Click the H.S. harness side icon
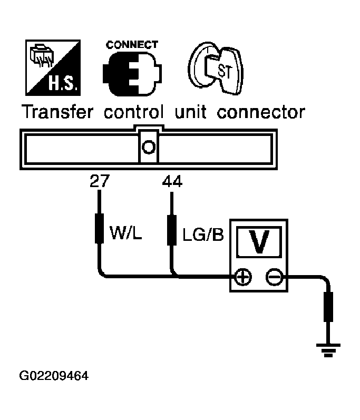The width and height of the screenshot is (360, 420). (x=53, y=67)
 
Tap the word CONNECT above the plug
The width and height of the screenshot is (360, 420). (x=132, y=45)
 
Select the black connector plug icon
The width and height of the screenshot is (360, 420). (x=132, y=74)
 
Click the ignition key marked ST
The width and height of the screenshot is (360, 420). (x=216, y=68)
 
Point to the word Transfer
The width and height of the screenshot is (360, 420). (x=57, y=112)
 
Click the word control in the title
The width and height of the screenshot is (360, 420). (x=133, y=112)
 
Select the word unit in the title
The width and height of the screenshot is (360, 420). (x=190, y=112)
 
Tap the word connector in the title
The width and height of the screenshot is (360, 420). (x=261, y=112)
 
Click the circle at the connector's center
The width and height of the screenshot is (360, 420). (x=149, y=147)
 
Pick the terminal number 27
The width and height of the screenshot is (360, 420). (x=100, y=181)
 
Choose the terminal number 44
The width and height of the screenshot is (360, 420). (x=172, y=181)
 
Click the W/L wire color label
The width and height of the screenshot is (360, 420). (x=125, y=233)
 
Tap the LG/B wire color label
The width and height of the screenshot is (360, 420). (x=203, y=235)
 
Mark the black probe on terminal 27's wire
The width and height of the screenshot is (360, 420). (x=100, y=228)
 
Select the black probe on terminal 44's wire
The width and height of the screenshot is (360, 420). (x=172, y=230)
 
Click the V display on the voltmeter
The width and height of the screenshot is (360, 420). (x=258, y=242)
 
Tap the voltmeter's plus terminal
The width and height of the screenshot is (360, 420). (x=243, y=277)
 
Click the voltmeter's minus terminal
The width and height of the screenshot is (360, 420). (x=274, y=277)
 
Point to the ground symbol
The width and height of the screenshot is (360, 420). (x=328, y=350)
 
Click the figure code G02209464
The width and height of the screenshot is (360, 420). (x=54, y=376)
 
